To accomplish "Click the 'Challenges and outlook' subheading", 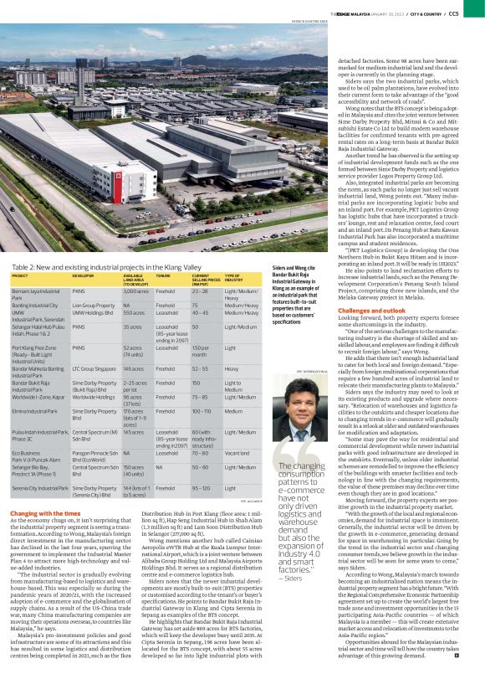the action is pyautogui.click(x=375, y=311).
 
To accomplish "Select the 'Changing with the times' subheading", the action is pyautogui.click(x=39, y=512).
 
